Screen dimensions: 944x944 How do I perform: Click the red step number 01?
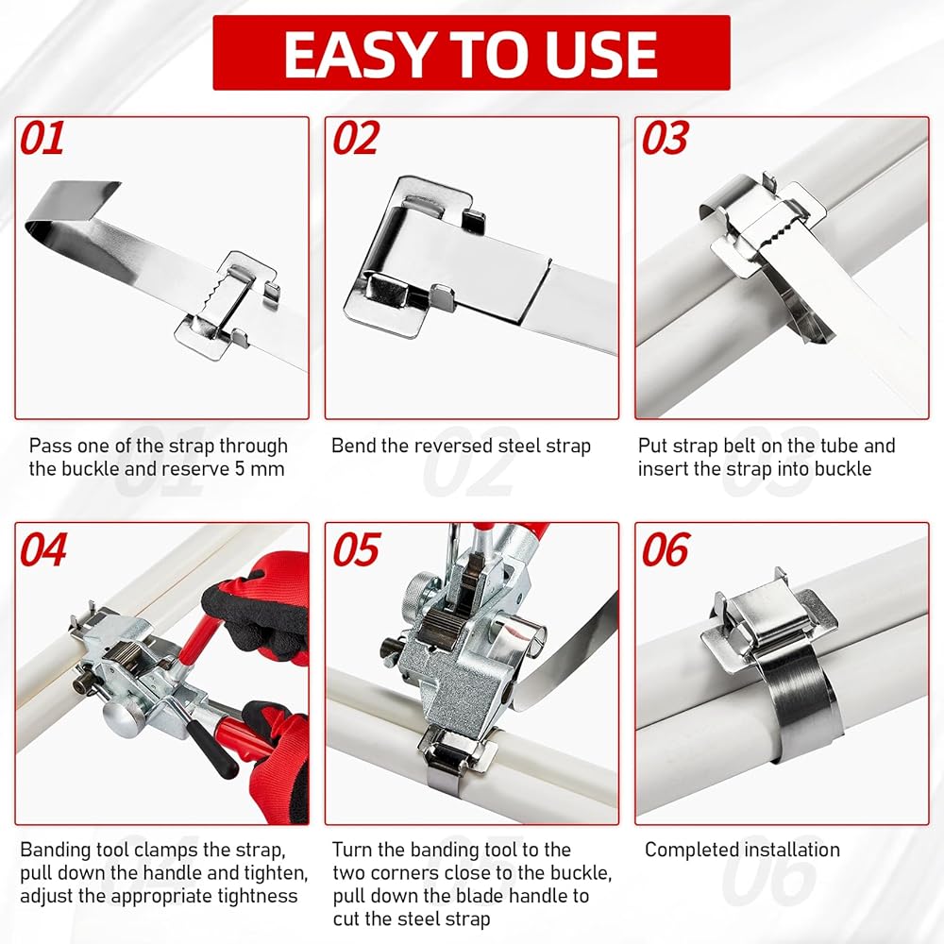click(42, 138)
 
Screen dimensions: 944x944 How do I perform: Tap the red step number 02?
click(357, 138)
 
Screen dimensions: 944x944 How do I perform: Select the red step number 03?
click(666, 138)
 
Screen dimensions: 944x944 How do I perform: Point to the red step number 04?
click(42, 549)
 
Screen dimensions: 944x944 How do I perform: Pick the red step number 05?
click(357, 549)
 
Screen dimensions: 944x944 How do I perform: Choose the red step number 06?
click(666, 549)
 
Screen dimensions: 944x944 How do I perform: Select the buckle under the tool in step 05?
click(459, 752)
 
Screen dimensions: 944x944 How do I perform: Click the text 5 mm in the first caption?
click(260, 469)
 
